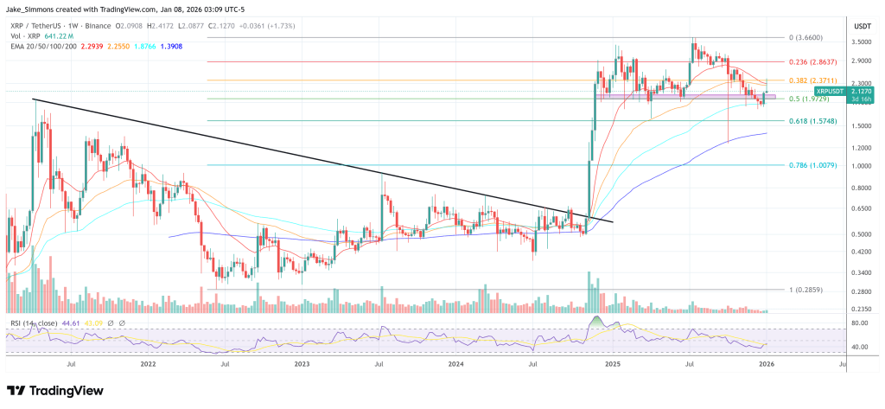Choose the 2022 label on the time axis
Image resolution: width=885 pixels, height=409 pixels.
148,365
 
